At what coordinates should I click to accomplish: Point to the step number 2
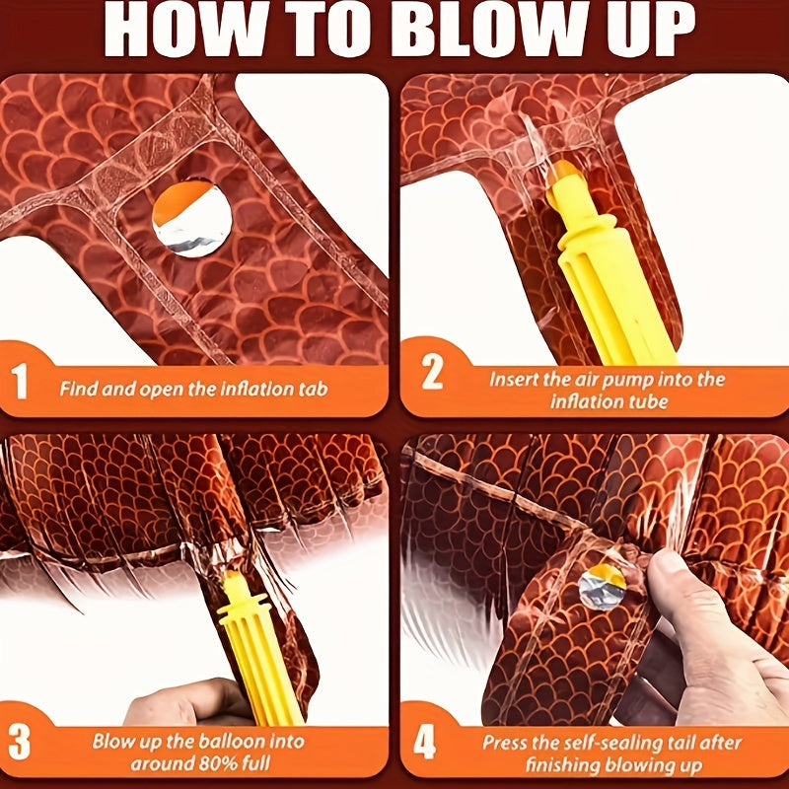click(432, 373)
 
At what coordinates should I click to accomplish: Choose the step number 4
click(424, 743)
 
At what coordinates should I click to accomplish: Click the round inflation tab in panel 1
click(191, 219)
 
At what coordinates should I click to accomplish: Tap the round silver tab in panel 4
click(603, 586)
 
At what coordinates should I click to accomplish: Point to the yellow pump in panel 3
click(257, 649)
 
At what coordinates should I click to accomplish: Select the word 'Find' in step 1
click(78, 389)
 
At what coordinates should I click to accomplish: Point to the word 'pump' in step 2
click(630, 380)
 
